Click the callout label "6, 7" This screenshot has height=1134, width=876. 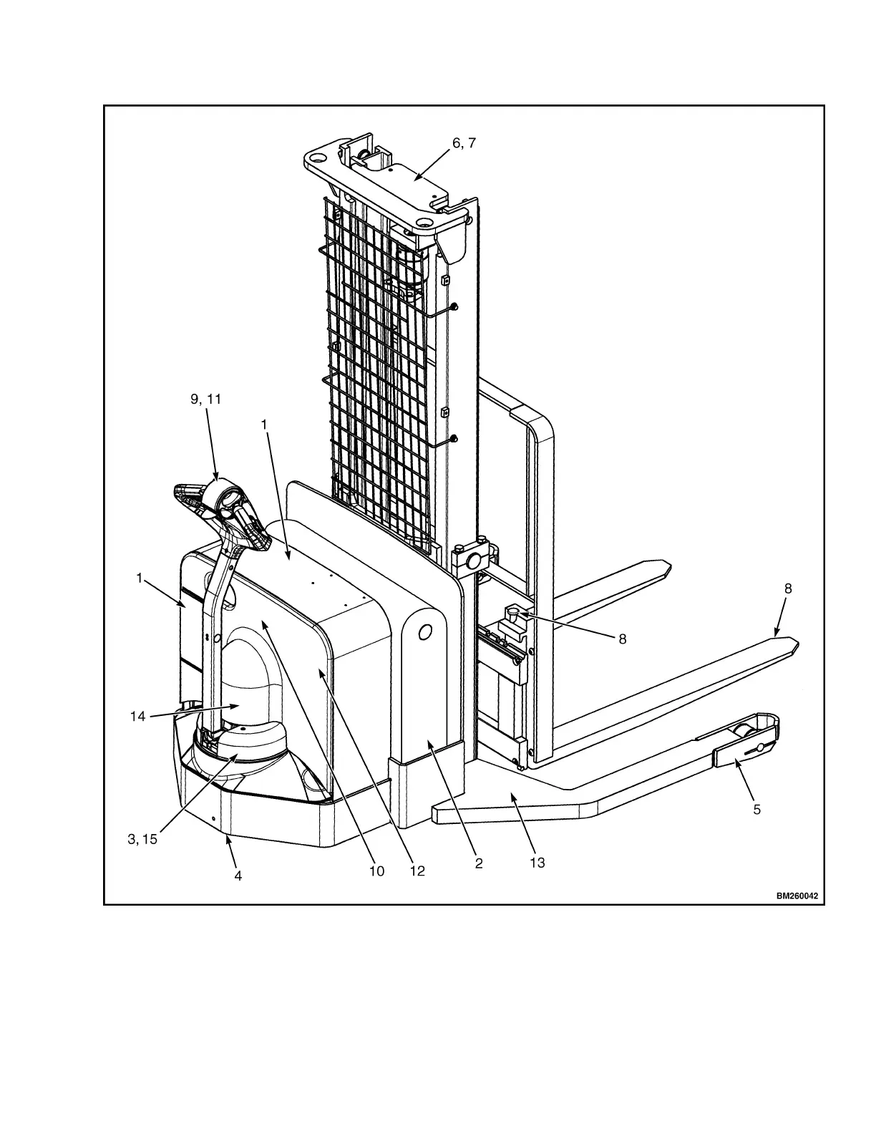click(x=464, y=143)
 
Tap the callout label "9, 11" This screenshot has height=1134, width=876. click(x=205, y=399)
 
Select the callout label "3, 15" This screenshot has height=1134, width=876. click(x=142, y=839)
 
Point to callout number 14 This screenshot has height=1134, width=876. click(x=138, y=716)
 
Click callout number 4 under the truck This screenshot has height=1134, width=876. click(x=238, y=876)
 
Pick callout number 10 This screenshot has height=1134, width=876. click(x=376, y=871)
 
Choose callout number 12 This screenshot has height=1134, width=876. click(x=417, y=871)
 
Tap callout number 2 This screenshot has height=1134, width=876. click(x=479, y=863)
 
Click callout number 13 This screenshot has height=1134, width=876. click(x=537, y=863)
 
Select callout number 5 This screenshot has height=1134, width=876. click(x=756, y=810)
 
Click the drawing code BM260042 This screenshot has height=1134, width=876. click(x=797, y=896)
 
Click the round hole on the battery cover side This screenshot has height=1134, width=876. click(x=424, y=632)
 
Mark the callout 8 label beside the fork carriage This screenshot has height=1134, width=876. click(x=622, y=639)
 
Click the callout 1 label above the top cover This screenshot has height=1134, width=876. click(x=264, y=424)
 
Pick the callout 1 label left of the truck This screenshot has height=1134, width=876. click(x=140, y=578)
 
